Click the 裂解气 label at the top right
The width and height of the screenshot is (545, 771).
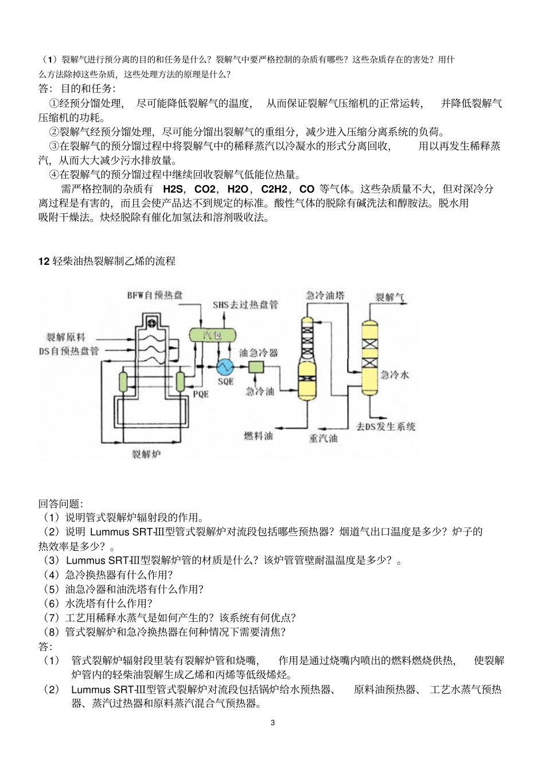point(390,298)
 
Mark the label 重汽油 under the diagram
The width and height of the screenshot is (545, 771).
point(323,439)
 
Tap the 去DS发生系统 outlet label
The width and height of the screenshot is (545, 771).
point(386,426)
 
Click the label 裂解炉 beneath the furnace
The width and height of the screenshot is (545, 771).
point(145,453)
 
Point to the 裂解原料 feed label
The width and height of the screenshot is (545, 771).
point(65,337)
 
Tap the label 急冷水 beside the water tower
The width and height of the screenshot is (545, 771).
point(395,375)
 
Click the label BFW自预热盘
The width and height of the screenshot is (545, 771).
point(155,295)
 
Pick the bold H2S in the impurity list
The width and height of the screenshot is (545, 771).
point(172,189)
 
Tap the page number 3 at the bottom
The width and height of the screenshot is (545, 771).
point(272,723)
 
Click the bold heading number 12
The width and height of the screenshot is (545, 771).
point(44,262)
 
